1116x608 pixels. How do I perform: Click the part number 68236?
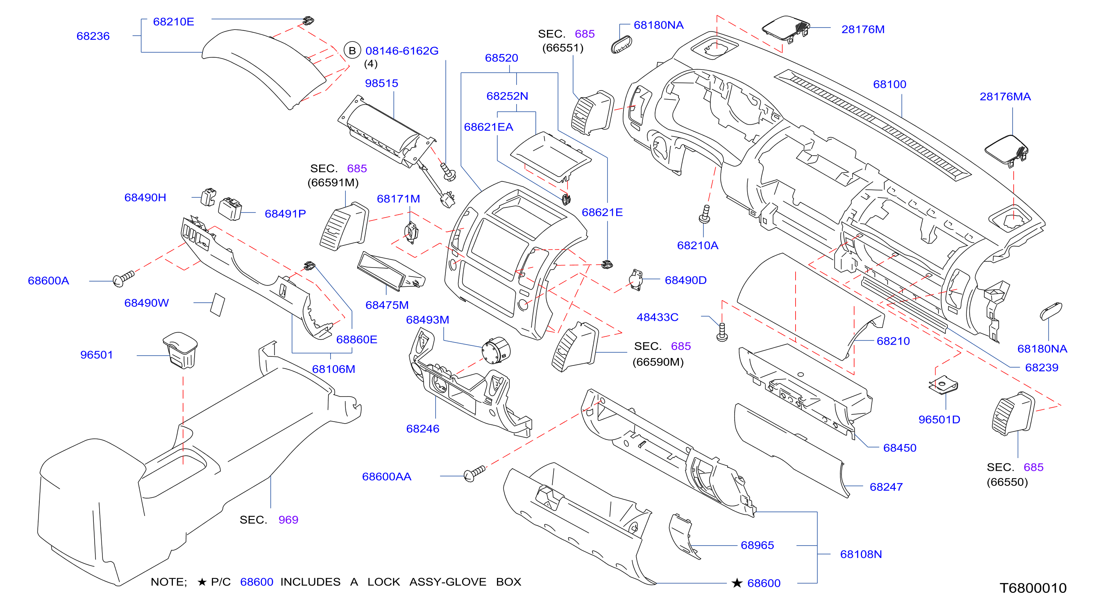[93, 36]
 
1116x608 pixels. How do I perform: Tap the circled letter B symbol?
[352, 51]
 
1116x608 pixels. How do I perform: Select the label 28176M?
[862, 29]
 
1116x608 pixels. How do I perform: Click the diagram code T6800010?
[1033, 588]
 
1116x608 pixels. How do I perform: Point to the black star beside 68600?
[737, 583]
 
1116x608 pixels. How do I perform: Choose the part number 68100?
[889, 84]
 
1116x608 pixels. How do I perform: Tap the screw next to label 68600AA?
[474, 474]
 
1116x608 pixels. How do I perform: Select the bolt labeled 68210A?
[705, 215]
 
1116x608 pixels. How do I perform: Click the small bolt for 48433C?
[722, 332]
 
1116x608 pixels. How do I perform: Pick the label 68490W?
[146, 303]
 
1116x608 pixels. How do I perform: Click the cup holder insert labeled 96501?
[180, 350]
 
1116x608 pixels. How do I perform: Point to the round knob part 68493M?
[496, 350]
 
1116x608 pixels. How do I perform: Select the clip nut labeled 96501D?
[943, 385]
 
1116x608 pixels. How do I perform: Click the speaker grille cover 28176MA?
[1006, 150]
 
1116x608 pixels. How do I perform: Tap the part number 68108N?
[861, 554]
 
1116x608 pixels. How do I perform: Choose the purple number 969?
[288, 520]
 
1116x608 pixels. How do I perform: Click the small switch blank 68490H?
[209, 197]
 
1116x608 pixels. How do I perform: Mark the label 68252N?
[507, 96]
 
